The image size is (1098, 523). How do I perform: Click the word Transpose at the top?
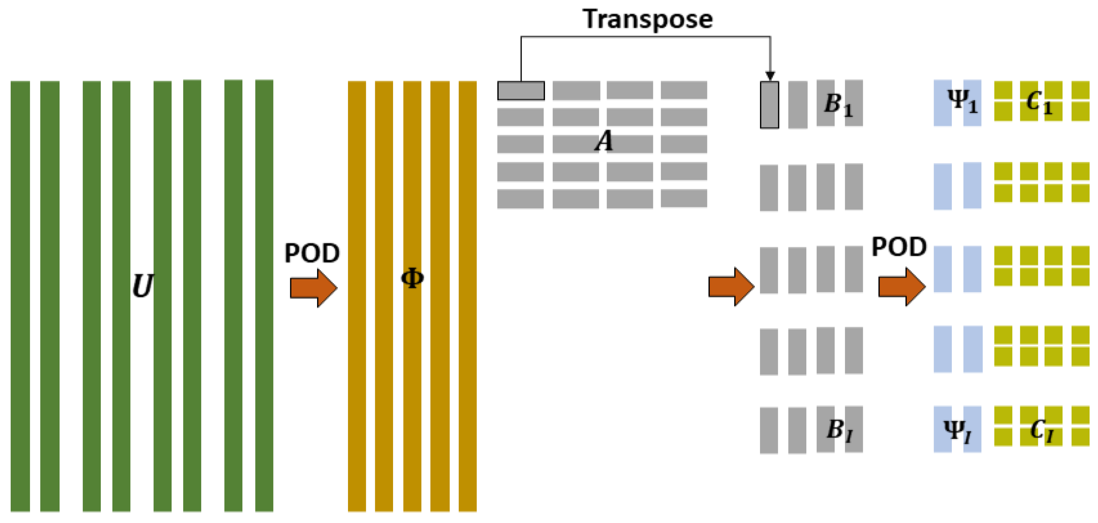pyautogui.click(x=647, y=19)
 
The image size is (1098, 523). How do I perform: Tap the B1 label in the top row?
pyautogui.click(x=838, y=105)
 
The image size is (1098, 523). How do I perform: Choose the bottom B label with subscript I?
pyautogui.click(x=840, y=430)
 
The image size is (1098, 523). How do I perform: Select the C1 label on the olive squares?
pyautogui.click(x=1039, y=103)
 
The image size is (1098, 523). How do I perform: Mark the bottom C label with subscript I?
pyautogui.click(x=1041, y=430)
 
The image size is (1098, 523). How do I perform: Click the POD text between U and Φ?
pyautogui.click(x=312, y=253)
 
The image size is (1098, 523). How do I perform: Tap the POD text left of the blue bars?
pyautogui.click(x=899, y=247)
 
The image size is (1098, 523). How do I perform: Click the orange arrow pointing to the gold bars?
pyautogui.click(x=314, y=288)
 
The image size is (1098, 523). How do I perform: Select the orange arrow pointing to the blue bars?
pyautogui.click(x=902, y=287)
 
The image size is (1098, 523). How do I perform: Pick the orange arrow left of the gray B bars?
pyautogui.click(x=731, y=287)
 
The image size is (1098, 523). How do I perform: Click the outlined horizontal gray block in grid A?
pyautogui.click(x=521, y=90)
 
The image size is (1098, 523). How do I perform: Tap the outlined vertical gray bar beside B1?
pyautogui.click(x=769, y=105)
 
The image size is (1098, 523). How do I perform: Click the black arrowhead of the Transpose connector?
pyautogui.click(x=770, y=76)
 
